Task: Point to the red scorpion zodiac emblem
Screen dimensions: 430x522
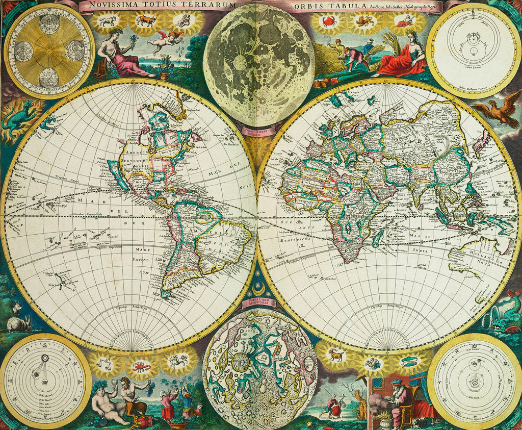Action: [141, 366]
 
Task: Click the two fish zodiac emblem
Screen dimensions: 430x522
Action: [410, 362]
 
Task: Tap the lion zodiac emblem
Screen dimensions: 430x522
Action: [365, 21]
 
